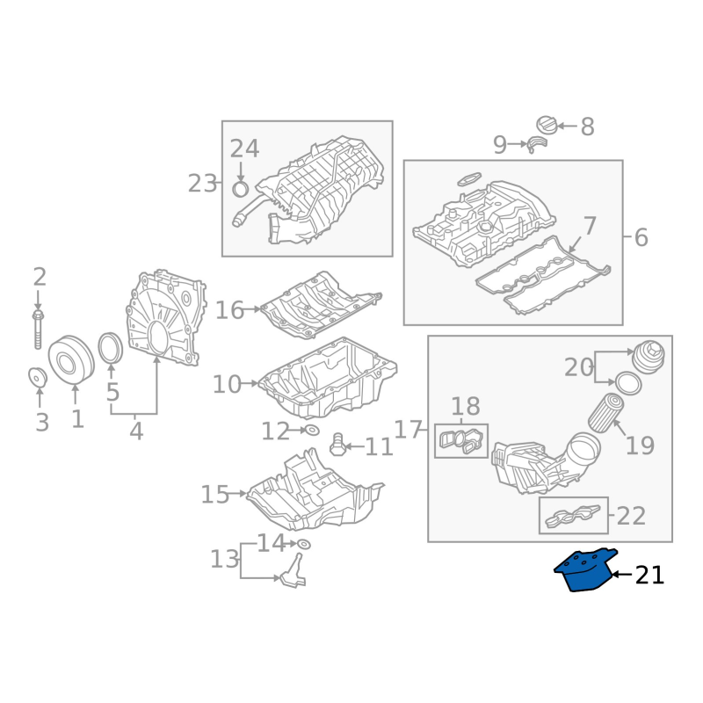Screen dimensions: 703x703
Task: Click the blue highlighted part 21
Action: (585, 570)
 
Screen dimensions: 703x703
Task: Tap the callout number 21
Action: (649, 576)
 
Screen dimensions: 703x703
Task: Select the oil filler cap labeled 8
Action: (547, 125)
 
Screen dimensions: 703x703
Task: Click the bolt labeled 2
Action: (38, 329)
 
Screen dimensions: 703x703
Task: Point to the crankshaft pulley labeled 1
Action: (71, 359)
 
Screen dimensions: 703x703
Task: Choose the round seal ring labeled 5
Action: (111, 348)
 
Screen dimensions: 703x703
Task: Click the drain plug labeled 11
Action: (337, 445)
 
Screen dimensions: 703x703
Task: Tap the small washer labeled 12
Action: (312, 431)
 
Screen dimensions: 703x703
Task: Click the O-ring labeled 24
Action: (241, 190)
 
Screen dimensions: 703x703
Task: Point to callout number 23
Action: (202, 184)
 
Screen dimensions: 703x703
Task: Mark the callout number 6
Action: (641, 237)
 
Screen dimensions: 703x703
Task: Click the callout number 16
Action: (229, 310)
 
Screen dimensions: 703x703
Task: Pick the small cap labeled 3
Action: (38, 377)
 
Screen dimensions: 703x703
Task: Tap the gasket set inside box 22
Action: (573, 516)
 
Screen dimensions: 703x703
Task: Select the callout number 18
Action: (466, 407)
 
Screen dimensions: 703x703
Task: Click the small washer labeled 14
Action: (304, 544)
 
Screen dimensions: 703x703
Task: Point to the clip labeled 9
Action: (538, 145)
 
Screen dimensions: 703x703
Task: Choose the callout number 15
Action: (215, 494)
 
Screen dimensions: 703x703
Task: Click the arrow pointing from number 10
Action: (250, 383)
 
